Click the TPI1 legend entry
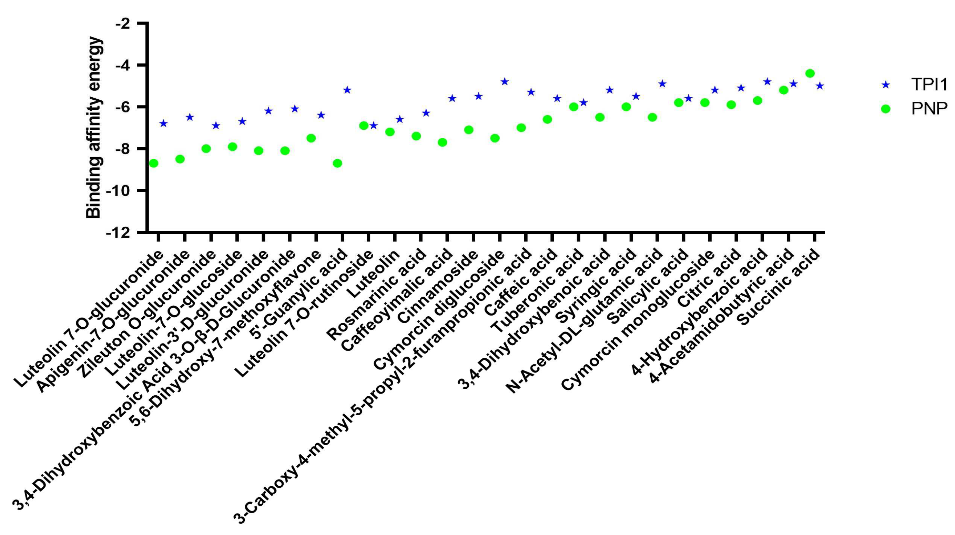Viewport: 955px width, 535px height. (929, 85)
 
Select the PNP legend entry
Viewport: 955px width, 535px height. (929, 109)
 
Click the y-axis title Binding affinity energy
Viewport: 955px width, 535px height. (93, 128)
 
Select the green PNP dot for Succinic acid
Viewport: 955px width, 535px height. (810, 73)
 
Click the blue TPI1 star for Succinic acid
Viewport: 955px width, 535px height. (820, 86)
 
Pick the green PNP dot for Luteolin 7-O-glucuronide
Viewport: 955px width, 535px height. (153, 163)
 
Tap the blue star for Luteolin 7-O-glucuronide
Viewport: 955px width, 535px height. (163, 123)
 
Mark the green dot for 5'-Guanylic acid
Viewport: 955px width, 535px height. (337, 163)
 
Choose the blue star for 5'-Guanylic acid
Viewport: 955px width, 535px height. (347, 90)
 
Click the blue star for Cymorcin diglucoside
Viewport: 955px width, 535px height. (505, 82)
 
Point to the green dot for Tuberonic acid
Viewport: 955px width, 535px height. (573, 107)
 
